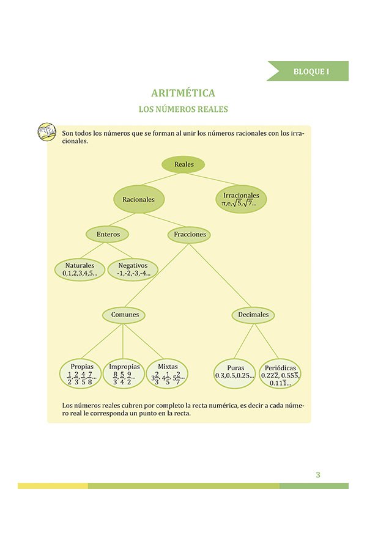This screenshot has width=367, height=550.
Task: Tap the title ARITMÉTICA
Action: coord(183,94)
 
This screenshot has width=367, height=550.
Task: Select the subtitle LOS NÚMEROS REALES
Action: coord(183,110)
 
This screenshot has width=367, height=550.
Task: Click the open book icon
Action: coord(47,132)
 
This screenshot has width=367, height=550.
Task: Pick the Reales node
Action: coord(183,164)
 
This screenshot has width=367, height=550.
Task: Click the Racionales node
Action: coord(138,199)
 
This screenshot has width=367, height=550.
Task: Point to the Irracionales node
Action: coord(240,199)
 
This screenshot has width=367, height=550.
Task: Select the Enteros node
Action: coord(108,234)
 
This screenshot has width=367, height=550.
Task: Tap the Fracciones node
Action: coord(190,234)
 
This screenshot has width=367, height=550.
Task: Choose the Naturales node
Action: coord(80,269)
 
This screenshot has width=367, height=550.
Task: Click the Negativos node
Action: coord(133,269)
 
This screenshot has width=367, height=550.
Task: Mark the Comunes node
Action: coord(124,315)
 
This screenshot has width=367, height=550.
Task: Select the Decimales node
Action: coord(253,315)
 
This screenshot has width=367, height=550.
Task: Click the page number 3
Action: coord(318,475)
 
